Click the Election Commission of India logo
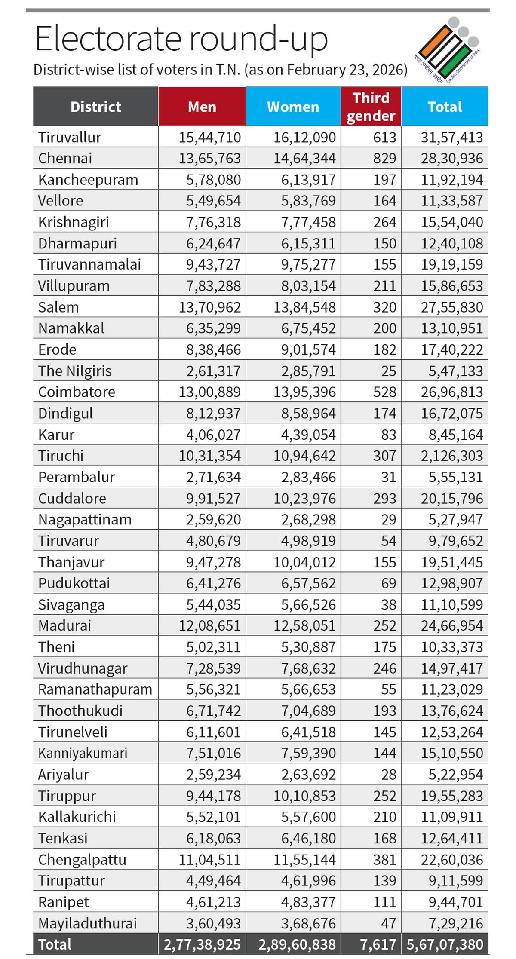click(447, 49)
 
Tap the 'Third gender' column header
click(371, 107)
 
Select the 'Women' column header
click(293, 107)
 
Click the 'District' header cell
click(95, 107)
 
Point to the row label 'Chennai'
click(65, 158)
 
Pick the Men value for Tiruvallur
click(210, 137)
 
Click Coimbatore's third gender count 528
click(384, 392)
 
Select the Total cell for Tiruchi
click(452, 456)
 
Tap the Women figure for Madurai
click(304, 625)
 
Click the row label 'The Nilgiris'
click(75, 371)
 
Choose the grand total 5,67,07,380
click(445, 944)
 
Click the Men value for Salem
click(210, 307)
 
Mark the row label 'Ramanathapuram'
click(95, 689)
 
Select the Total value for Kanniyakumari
click(452, 753)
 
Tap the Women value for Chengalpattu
click(304, 860)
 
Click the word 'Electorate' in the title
click(107, 40)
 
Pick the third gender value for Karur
click(388, 435)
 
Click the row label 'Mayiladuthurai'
click(87, 923)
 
